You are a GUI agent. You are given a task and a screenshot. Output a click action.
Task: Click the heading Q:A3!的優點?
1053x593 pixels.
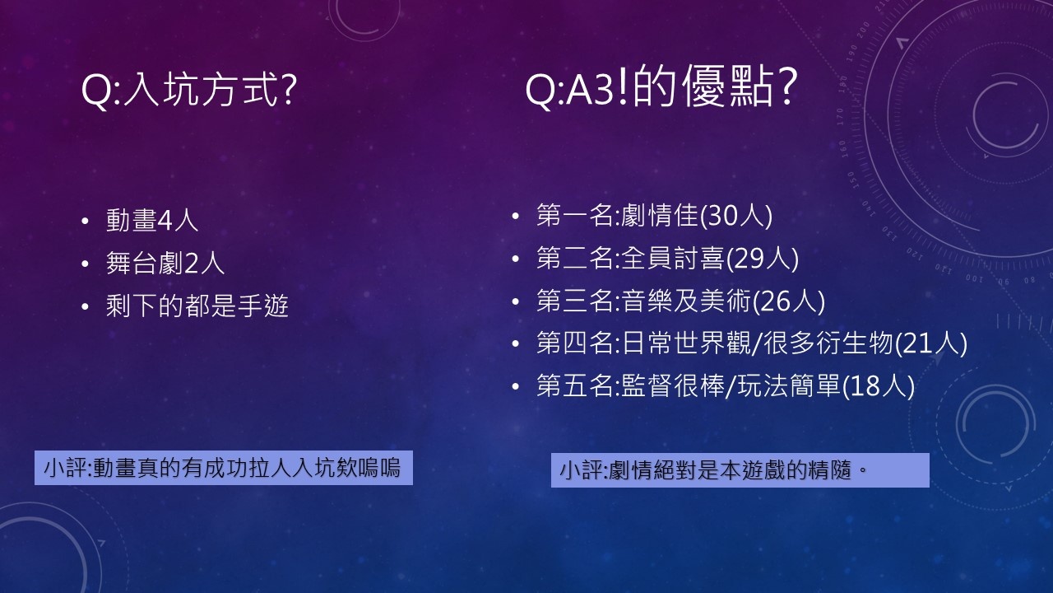pyautogui.click(x=661, y=87)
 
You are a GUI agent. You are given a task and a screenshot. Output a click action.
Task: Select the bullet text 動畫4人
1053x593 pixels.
pyautogui.click(x=152, y=220)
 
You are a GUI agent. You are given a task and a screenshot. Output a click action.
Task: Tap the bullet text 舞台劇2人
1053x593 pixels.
pyautogui.click(x=165, y=263)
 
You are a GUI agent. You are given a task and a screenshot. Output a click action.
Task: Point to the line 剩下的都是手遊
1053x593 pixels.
pyautogui.click(x=197, y=306)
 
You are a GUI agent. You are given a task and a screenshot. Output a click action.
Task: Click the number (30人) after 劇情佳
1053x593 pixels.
pyautogui.click(x=736, y=216)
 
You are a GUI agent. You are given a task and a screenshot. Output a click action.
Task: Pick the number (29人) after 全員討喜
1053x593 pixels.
pyautogui.click(x=763, y=259)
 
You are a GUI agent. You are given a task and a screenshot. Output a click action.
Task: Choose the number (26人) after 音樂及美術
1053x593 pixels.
pyautogui.click(x=789, y=301)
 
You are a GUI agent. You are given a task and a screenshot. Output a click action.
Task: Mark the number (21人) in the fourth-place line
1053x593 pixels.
pyautogui.click(x=930, y=343)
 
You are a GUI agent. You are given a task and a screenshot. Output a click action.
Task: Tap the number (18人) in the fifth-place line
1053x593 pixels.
pyautogui.click(x=878, y=386)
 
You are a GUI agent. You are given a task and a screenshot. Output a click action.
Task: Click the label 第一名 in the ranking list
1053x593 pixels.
pyautogui.click(x=575, y=216)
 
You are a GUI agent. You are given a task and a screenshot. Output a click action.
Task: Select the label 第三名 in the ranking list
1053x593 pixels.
pyautogui.click(x=575, y=301)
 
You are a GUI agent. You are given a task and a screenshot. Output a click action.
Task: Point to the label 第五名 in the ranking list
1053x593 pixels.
pyautogui.click(x=575, y=385)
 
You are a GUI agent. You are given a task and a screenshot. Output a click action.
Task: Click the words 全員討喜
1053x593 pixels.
pyautogui.click(x=673, y=259)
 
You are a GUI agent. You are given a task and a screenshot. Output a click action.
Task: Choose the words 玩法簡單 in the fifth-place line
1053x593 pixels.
pyautogui.click(x=789, y=385)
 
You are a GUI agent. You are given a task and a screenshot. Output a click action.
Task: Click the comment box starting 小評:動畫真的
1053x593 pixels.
pyautogui.click(x=223, y=468)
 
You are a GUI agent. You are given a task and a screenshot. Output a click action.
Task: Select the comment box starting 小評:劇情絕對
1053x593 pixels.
pyautogui.click(x=740, y=469)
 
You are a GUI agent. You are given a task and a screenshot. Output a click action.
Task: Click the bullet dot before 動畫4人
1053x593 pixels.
pyautogui.click(x=85, y=222)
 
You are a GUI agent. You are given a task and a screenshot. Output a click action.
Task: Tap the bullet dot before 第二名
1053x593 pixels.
pyautogui.click(x=515, y=259)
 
